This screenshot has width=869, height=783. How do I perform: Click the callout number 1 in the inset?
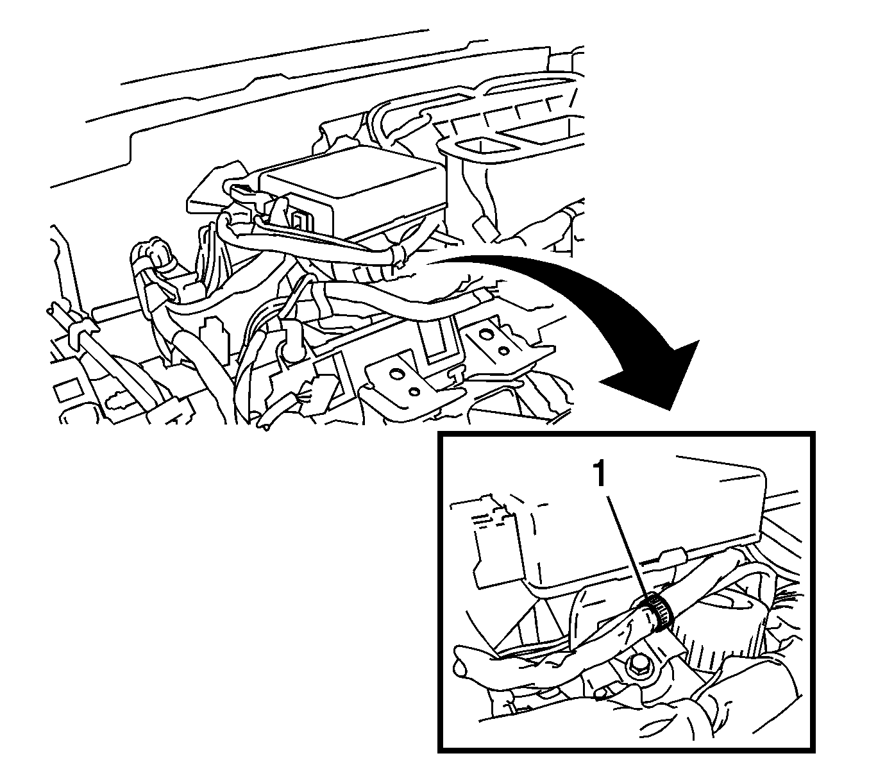click(x=600, y=474)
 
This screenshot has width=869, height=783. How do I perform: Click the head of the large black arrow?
click(x=650, y=373)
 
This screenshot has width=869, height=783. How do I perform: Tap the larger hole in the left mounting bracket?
click(x=396, y=373)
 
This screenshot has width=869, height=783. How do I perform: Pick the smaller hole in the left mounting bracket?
click(x=414, y=392)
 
